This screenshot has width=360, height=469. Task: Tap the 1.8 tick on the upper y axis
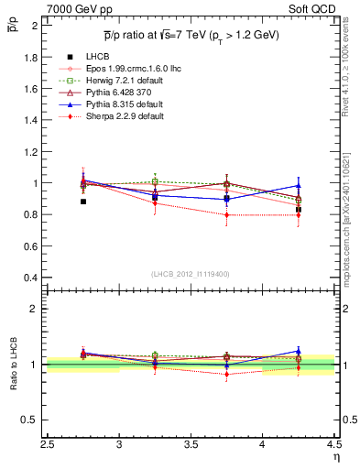pos(30,57)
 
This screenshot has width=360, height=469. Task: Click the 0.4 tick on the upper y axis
pos(30,278)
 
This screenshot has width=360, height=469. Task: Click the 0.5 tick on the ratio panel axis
pos(30,420)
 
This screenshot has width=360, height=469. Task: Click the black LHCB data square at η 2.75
pos(83,202)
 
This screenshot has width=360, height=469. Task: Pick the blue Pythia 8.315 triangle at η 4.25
pos(298,186)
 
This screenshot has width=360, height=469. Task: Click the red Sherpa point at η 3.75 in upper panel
pos(226,215)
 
